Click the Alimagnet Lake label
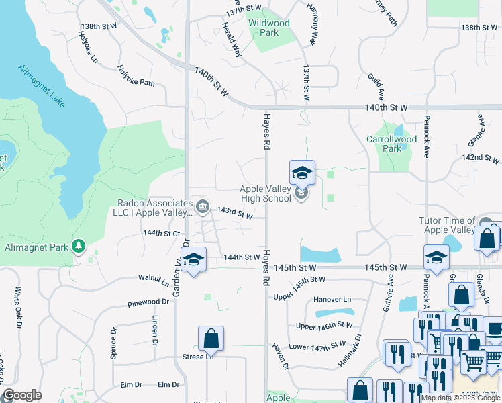42,86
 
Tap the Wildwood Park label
269,28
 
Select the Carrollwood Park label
391,144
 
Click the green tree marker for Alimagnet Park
80,246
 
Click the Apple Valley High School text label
265,194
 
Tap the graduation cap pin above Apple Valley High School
302,173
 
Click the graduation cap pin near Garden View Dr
193,260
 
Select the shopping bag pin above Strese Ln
211,339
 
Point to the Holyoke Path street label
136,75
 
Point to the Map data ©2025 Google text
460,397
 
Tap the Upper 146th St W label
324,326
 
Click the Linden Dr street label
155,330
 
